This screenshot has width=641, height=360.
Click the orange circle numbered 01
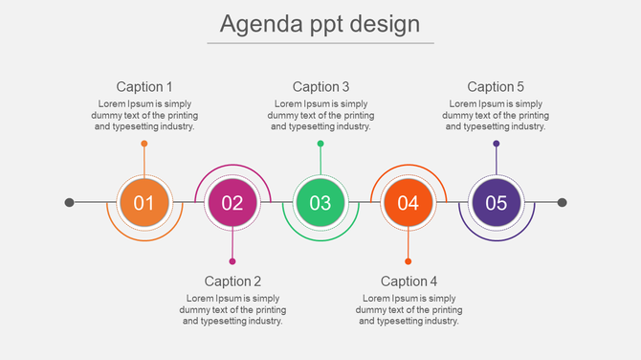(x=144, y=202)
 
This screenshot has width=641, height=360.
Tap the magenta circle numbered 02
(x=232, y=202)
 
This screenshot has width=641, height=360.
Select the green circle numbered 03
(x=320, y=202)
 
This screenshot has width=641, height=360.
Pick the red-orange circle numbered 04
(x=409, y=202)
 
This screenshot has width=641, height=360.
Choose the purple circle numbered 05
(x=496, y=202)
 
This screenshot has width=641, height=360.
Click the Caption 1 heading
(x=144, y=87)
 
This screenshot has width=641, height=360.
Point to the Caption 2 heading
(x=232, y=281)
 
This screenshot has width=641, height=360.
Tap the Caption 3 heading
(x=320, y=87)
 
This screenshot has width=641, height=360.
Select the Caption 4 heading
(x=409, y=281)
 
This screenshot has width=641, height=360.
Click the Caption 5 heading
(x=496, y=87)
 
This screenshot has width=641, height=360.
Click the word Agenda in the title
(x=254, y=23)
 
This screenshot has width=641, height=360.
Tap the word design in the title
(x=383, y=23)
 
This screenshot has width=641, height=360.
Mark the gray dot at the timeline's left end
(x=69, y=202)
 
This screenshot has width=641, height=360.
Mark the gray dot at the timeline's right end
(x=563, y=202)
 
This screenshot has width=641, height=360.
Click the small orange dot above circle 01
(x=144, y=144)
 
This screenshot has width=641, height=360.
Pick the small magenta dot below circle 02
(x=232, y=261)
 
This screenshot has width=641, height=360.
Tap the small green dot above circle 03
(x=320, y=144)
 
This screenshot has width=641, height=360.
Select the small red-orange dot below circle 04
(x=409, y=261)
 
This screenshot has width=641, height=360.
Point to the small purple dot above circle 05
(x=496, y=144)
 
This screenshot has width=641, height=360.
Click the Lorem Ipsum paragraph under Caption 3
(x=320, y=115)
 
